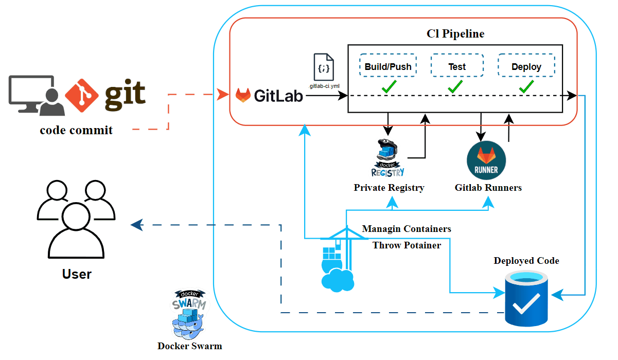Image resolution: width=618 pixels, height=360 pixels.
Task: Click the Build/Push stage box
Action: point(388,66)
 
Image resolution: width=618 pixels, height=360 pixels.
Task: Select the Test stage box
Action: point(456,66)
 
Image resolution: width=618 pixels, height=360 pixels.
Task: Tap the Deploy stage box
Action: point(526,66)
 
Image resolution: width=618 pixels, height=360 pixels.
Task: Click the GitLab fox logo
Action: point(243,95)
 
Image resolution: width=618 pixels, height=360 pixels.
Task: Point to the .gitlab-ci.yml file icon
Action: point(324,66)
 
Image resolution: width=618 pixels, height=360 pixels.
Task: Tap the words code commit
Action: point(76,130)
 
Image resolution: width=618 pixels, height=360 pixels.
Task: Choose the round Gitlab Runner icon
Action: point(486,160)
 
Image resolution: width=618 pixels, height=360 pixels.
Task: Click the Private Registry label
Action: point(389,188)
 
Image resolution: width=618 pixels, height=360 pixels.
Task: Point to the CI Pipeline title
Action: point(455,34)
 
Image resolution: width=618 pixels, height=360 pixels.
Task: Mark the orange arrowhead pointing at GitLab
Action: point(223,95)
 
